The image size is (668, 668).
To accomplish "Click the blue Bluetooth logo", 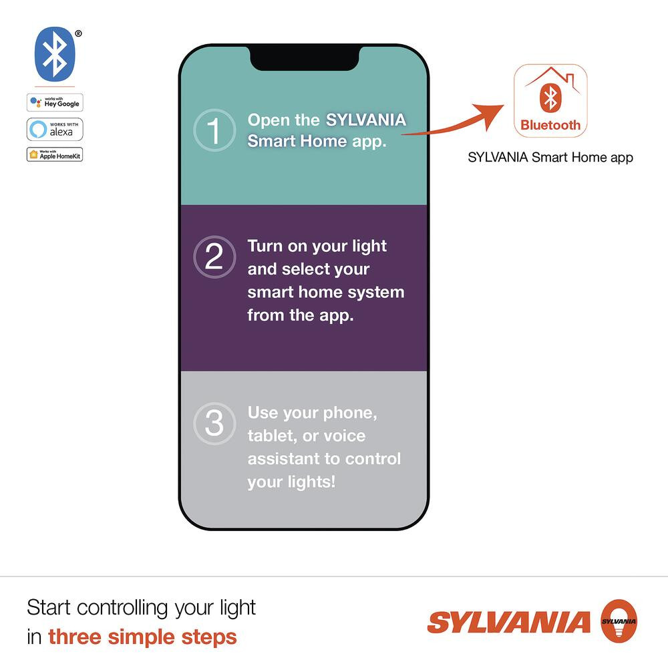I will tap(55, 53).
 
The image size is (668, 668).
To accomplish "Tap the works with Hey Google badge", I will tap(55, 102).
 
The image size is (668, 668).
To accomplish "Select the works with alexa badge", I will tap(55, 129).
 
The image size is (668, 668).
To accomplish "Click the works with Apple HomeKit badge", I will tap(55, 154).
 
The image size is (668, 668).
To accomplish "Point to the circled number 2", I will tap(214, 257).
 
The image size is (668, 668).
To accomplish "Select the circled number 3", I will tap(214, 424).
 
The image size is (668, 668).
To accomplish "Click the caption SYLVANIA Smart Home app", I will tap(550, 158).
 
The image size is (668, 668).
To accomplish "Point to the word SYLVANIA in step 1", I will tap(365, 120).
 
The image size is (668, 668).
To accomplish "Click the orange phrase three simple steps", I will tap(142, 637).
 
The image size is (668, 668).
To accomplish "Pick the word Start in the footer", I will tap(49, 608).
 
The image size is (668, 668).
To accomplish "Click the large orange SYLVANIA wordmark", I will tap(509, 623).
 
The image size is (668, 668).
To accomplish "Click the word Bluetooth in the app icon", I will tap(550, 125).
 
